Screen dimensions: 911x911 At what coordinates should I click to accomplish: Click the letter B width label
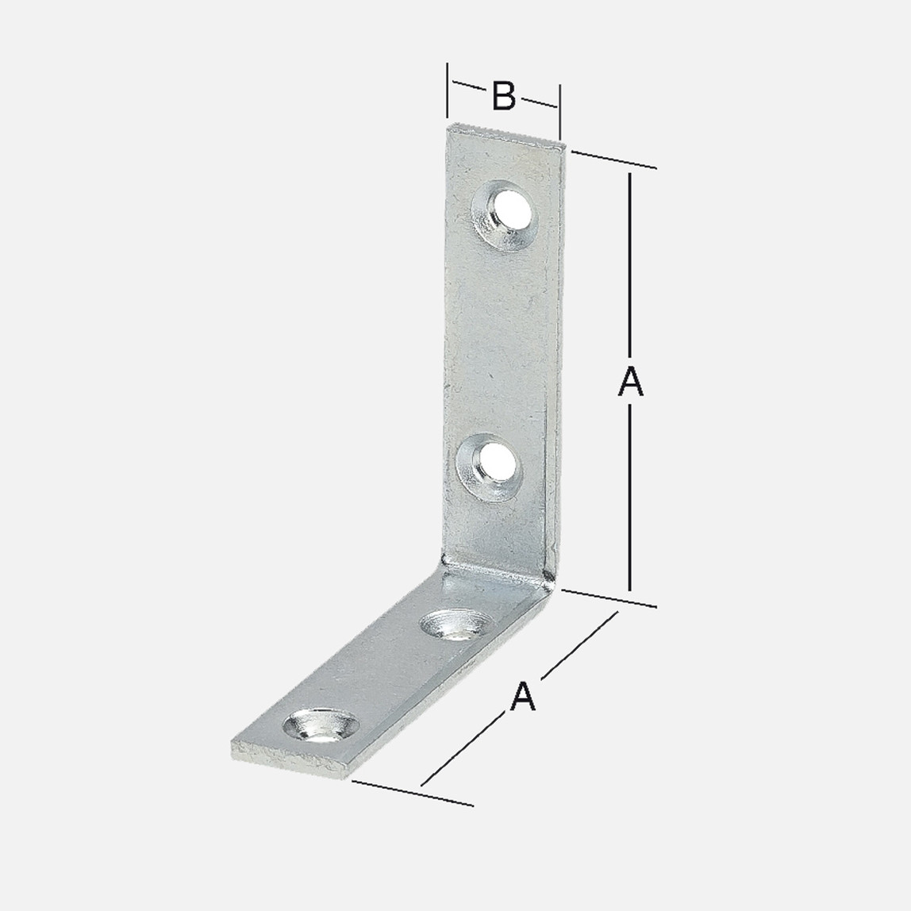[503, 96]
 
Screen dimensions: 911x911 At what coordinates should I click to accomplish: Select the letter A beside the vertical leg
[630, 382]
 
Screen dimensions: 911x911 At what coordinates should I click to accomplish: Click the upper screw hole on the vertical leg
[505, 213]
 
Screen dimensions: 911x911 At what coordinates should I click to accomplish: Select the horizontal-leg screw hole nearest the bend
[455, 625]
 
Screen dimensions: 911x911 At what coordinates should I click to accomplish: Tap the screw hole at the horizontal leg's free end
[320, 725]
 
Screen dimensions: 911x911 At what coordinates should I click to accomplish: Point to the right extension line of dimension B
[559, 112]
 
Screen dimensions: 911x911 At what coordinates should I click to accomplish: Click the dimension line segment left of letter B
[470, 86]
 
